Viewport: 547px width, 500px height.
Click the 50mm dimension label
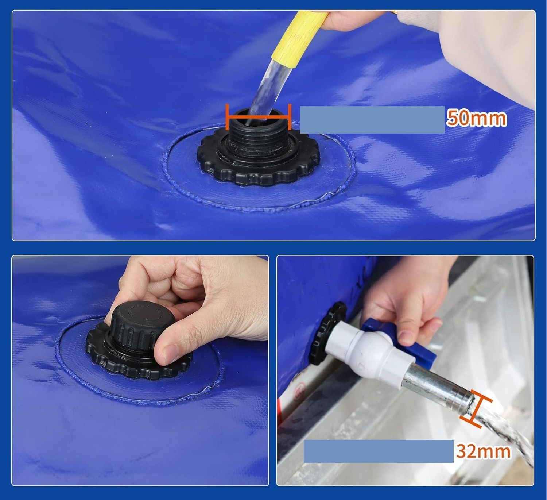pos(477,118)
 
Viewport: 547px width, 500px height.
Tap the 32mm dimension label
pos(484,451)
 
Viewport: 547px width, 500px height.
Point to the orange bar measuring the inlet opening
pos(259,117)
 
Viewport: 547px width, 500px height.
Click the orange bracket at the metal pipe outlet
pos(476,408)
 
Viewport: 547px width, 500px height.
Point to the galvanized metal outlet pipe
pos(438,389)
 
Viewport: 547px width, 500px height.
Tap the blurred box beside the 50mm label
pos(372,120)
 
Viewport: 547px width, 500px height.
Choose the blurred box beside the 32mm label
pos(379,451)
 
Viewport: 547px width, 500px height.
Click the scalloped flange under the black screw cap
pos(139,355)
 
